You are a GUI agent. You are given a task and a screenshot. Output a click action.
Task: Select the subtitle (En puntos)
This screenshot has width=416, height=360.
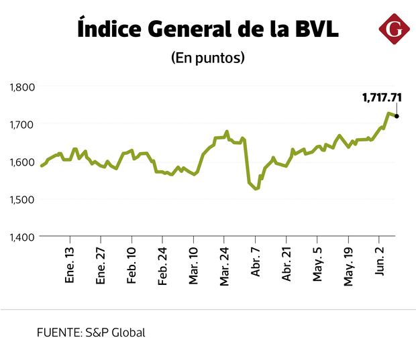click(208, 58)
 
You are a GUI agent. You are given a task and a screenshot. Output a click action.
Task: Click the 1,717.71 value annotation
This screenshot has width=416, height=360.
click(382, 98)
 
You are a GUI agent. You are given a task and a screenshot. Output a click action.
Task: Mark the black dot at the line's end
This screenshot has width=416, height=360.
click(397, 116)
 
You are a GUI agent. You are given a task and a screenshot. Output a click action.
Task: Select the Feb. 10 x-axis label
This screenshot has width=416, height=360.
click(132, 266)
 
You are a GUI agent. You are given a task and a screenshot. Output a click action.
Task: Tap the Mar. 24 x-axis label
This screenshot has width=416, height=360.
click(225, 266)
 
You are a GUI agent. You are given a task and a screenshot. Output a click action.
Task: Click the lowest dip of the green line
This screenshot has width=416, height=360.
click(256, 189)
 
